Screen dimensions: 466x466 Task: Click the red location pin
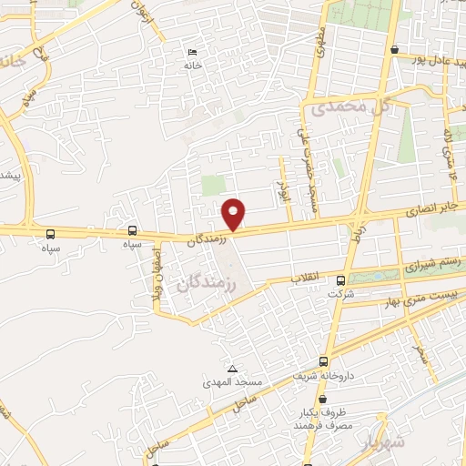click(234, 213)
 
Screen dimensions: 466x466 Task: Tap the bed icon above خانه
click(191, 53)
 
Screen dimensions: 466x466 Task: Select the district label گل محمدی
click(350, 107)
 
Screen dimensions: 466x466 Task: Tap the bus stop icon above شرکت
click(341, 280)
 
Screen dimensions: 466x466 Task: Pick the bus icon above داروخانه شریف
click(324, 360)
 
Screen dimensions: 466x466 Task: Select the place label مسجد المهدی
click(232, 383)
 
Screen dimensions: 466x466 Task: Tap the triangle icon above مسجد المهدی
click(232, 370)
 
